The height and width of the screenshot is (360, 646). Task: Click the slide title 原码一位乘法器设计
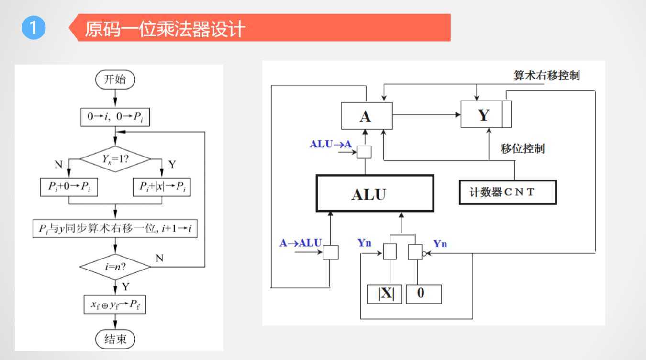tap(165, 29)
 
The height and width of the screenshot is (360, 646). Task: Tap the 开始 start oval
tap(115, 79)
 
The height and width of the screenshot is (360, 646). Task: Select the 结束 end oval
tap(115, 339)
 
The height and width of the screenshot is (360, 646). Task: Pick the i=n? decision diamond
tap(115, 267)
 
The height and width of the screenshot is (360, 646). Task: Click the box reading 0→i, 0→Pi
tap(115, 117)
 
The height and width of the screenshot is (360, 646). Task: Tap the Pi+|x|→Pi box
tap(161, 187)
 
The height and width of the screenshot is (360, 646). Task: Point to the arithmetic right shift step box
tap(115, 229)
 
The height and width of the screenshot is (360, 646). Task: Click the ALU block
tap(375, 194)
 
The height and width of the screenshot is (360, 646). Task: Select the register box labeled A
tap(367, 116)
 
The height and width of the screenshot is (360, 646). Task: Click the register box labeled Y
tap(483, 115)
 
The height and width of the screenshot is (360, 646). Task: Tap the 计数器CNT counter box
tap(507, 192)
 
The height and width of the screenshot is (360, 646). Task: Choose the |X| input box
tap(386, 293)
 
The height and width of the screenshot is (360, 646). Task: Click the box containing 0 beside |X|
tap(423, 293)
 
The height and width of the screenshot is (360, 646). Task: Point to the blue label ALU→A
tap(330, 144)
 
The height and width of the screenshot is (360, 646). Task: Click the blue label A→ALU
tap(301, 243)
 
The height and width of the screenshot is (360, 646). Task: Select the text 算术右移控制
tap(546, 76)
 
